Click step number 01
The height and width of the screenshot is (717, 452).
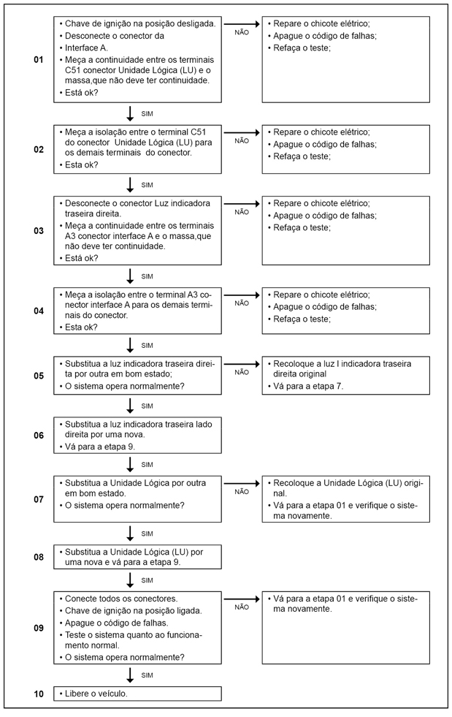(39, 59)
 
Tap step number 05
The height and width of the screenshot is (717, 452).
(39, 376)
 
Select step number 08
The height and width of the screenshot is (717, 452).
(39, 557)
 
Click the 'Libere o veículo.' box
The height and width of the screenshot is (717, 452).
(137, 694)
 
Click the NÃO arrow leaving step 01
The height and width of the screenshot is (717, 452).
(242, 24)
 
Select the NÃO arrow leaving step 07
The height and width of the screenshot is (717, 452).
(242, 483)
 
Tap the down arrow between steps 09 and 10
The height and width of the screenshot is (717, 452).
(130, 675)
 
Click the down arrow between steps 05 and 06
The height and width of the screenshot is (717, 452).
(130, 405)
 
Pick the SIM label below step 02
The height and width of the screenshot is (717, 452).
(147, 185)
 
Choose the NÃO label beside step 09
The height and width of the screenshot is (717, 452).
(242, 607)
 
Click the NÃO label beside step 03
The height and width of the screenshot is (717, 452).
(242, 212)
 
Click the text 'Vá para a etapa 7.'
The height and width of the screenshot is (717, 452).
(307, 387)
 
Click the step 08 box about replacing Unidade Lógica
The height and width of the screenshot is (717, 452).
(137, 557)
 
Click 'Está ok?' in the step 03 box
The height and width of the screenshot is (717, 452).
(82, 258)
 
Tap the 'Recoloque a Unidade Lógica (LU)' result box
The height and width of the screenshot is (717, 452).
(345, 500)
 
